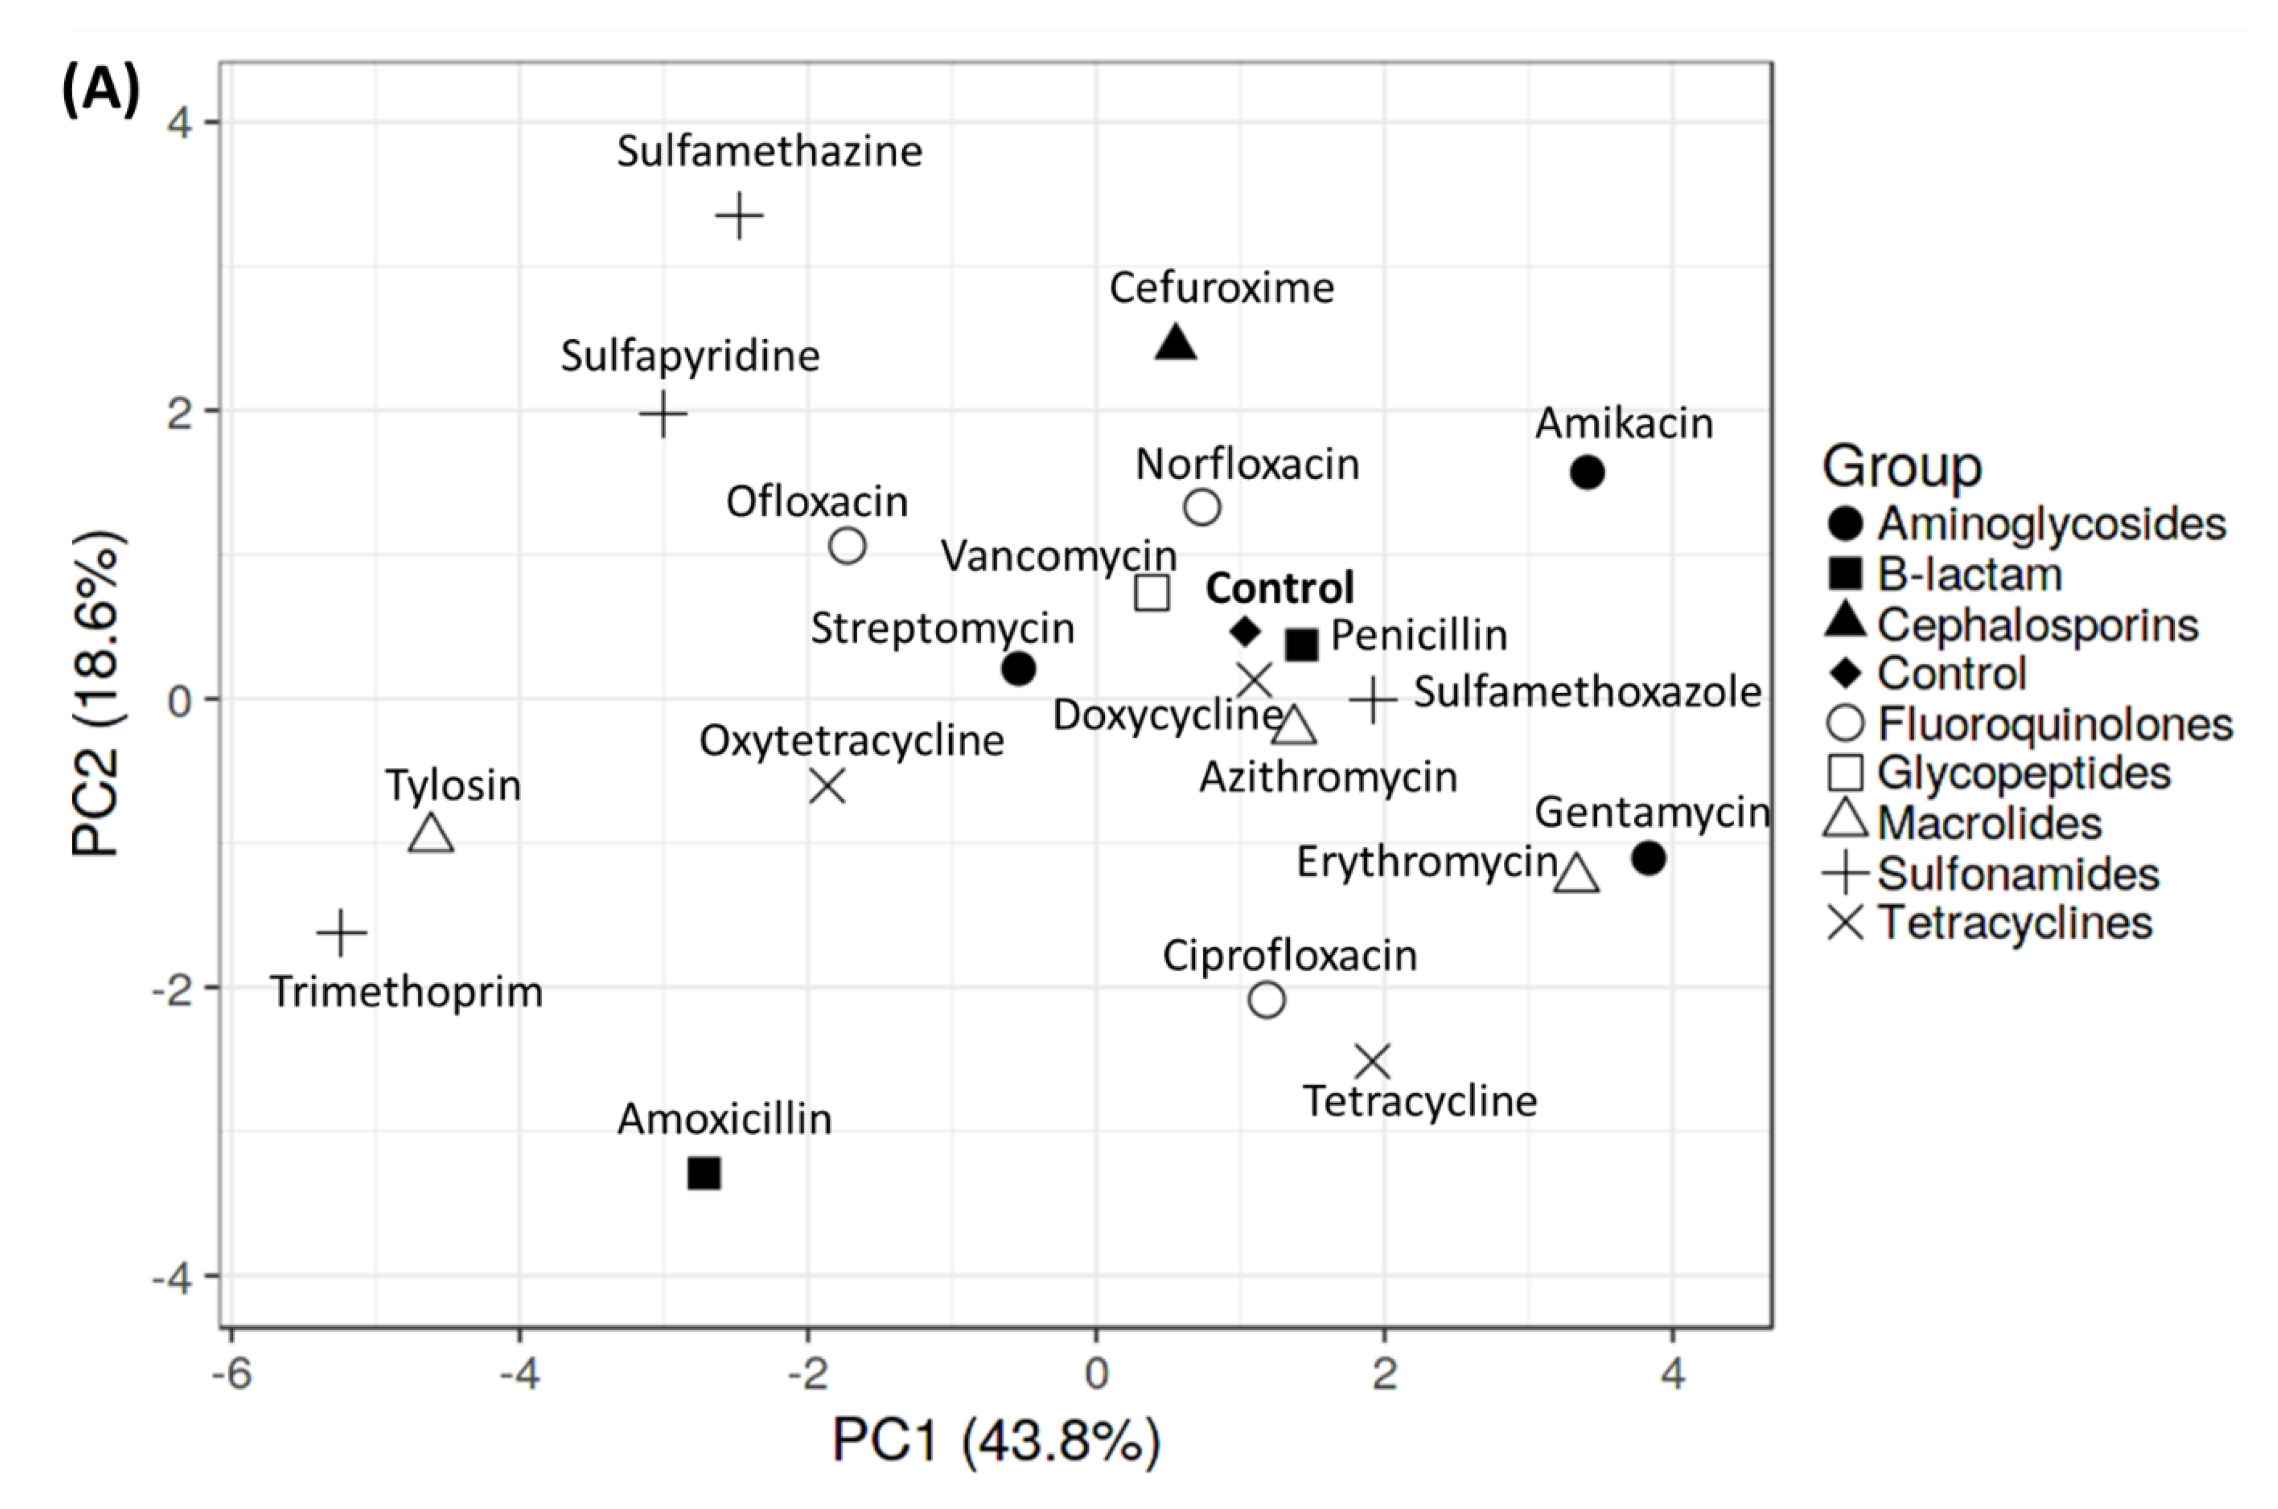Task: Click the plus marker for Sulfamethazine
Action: coord(739,216)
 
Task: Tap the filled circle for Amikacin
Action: coord(1587,472)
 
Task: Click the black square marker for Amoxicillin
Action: coord(704,1173)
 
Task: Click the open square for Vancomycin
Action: coord(1152,593)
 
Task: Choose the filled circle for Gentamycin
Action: coord(1648,858)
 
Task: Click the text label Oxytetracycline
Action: coord(851,741)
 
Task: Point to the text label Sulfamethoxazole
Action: coord(1586,692)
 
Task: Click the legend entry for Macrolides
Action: coord(1988,823)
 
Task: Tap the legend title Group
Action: coord(1902,467)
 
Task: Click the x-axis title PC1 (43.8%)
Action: coord(996,1441)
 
